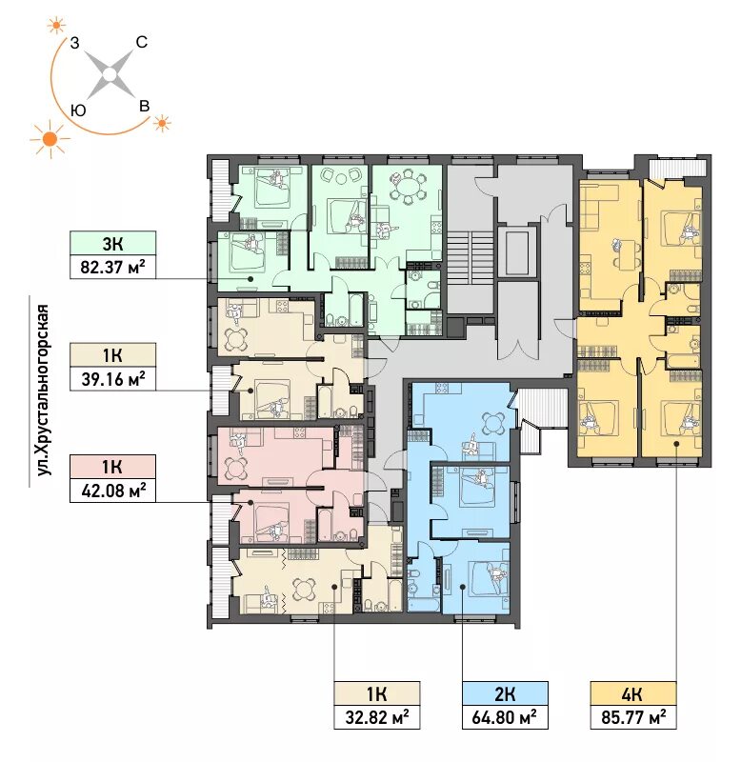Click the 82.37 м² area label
112,268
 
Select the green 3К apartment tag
112,243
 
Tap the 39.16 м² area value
112,379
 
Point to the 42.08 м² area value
112,491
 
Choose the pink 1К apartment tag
112,467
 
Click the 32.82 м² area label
376,717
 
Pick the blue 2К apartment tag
505,693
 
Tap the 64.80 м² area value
505,717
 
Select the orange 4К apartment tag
633,693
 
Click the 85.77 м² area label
633,717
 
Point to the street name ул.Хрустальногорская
44,390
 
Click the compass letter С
141,42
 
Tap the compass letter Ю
78,110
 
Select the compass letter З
74,43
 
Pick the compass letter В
145,106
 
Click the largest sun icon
50,139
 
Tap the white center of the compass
110,74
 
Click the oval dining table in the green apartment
409,186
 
